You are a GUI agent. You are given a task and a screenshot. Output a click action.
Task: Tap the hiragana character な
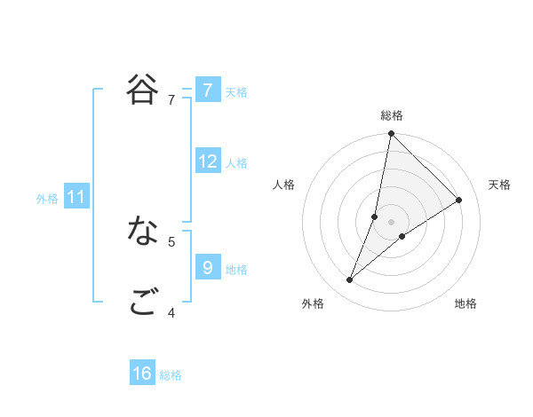tap(142, 232)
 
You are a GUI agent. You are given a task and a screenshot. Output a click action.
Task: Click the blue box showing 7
tap(207, 90)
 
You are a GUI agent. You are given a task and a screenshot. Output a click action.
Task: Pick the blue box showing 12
tap(208, 161)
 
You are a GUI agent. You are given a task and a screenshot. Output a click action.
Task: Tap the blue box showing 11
tap(76, 197)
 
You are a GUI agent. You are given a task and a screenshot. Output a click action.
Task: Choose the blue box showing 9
tap(207, 267)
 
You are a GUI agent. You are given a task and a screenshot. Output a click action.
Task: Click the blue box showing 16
tap(142, 374)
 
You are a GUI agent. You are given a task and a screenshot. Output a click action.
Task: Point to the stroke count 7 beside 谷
tap(171, 100)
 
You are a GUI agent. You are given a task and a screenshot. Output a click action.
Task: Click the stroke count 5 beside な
tap(171, 240)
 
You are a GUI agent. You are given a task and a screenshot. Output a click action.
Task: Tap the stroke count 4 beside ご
tap(171, 312)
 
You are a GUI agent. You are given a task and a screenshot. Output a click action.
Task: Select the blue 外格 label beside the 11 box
tap(47, 199)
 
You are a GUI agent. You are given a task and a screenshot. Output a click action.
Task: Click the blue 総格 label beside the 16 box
tap(171, 375)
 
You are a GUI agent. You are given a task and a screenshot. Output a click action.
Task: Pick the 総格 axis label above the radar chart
tap(392, 116)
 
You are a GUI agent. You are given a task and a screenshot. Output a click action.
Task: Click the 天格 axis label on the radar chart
tap(500, 185)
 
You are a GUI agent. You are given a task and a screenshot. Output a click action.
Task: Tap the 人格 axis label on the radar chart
tap(284, 185)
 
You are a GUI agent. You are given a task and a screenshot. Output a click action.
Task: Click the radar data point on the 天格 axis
tap(459, 201)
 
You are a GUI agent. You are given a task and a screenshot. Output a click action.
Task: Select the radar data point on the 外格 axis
tap(350, 280)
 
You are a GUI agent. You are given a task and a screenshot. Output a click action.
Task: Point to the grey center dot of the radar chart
tap(392, 222)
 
